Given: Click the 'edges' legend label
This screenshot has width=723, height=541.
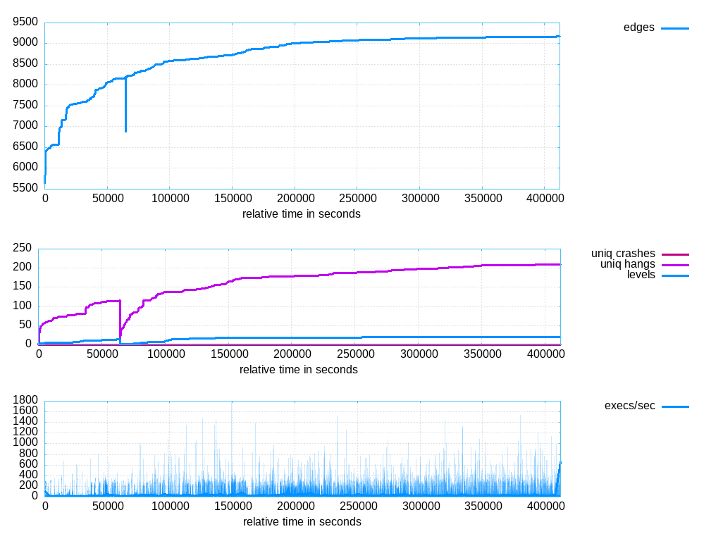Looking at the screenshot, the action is pyautogui.click(x=638, y=27).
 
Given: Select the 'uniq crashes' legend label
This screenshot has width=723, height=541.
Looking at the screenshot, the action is pyautogui.click(x=623, y=254).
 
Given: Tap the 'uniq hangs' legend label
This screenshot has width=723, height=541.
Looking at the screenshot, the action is pyautogui.click(x=628, y=264).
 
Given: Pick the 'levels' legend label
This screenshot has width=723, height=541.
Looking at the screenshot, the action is pyautogui.click(x=641, y=275).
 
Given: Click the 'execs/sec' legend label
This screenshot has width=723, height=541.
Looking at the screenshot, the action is pyautogui.click(x=629, y=406).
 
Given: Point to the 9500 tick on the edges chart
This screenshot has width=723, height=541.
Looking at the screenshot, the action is pyautogui.click(x=25, y=22).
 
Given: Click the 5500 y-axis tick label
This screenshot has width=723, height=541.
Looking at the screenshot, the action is pyautogui.click(x=25, y=187).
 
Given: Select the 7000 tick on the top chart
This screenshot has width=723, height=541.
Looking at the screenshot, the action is pyautogui.click(x=25, y=125).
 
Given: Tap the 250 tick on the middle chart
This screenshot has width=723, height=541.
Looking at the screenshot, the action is pyautogui.click(x=22, y=248).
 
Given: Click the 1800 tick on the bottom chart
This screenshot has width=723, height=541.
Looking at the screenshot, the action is pyautogui.click(x=25, y=399).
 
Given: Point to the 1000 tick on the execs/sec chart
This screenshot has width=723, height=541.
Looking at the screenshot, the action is pyautogui.click(x=25, y=442).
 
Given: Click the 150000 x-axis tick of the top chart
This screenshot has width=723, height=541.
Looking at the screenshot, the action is pyautogui.click(x=233, y=199).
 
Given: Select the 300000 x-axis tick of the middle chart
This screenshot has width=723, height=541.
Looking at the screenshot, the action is pyautogui.click(x=419, y=354).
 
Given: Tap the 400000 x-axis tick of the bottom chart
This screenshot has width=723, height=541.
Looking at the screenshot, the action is pyautogui.click(x=545, y=506).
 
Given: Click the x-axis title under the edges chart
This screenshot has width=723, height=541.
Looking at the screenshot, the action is pyautogui.click(x=302, y=214).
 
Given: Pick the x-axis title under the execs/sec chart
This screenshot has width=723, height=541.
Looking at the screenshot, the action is pyautogui.click(x=302, y=522).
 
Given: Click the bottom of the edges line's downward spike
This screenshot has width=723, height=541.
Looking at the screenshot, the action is pyautogui.click(x=125, y=132).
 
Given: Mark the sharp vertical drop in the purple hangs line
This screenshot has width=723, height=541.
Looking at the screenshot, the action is pyautogui.click(x=120, y=318).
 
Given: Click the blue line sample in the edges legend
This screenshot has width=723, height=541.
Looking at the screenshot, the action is pyautogui.click(x=675, y=28).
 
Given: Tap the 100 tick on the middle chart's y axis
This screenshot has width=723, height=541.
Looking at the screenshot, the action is pyautogui.click(x=22, y=306).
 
